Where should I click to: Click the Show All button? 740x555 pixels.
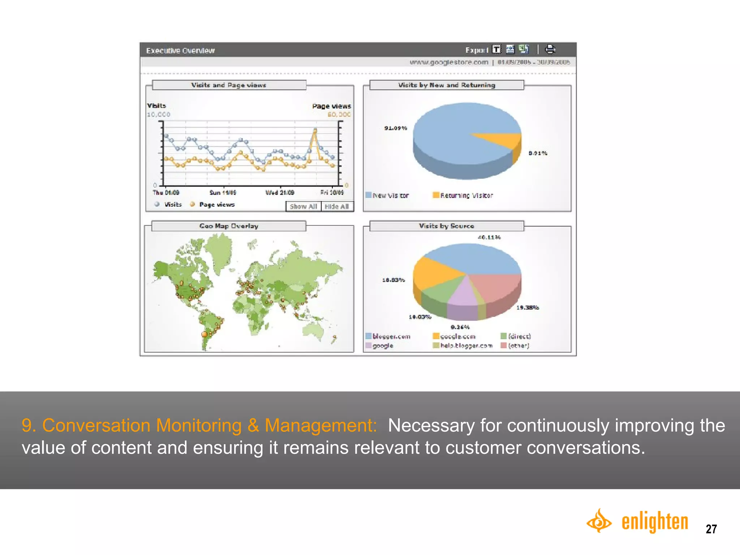point(303,206)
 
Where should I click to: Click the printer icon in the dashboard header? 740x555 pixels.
point(550,49)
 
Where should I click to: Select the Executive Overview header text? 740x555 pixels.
point(180,51)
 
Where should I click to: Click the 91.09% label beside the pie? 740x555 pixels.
point(395,128)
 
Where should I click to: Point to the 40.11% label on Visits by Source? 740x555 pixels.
point(489,237)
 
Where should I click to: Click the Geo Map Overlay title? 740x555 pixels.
point(229,226)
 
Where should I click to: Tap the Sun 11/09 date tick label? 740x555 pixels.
point(223,193)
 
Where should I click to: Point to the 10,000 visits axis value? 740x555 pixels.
point(158,115)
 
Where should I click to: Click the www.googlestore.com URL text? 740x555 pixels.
point(448,62)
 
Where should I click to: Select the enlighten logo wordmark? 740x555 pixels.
point(654,522)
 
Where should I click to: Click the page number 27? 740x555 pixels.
point(711,529)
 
